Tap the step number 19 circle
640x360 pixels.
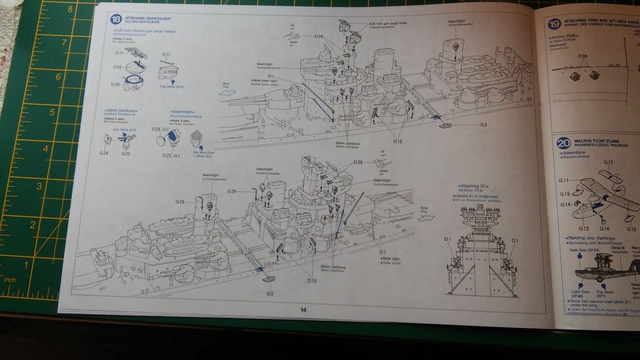(554, 24)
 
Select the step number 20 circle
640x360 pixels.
(562, 144)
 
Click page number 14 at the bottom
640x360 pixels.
(303, 309)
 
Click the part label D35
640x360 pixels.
(117, 66)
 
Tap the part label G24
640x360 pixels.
(103, 153)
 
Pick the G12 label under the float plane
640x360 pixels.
(584, 229)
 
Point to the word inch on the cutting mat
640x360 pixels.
(10, 279)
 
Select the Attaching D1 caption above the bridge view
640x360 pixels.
(473, 186)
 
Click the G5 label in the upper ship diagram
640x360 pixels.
(484, 126)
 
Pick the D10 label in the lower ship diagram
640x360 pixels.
(311, 281)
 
